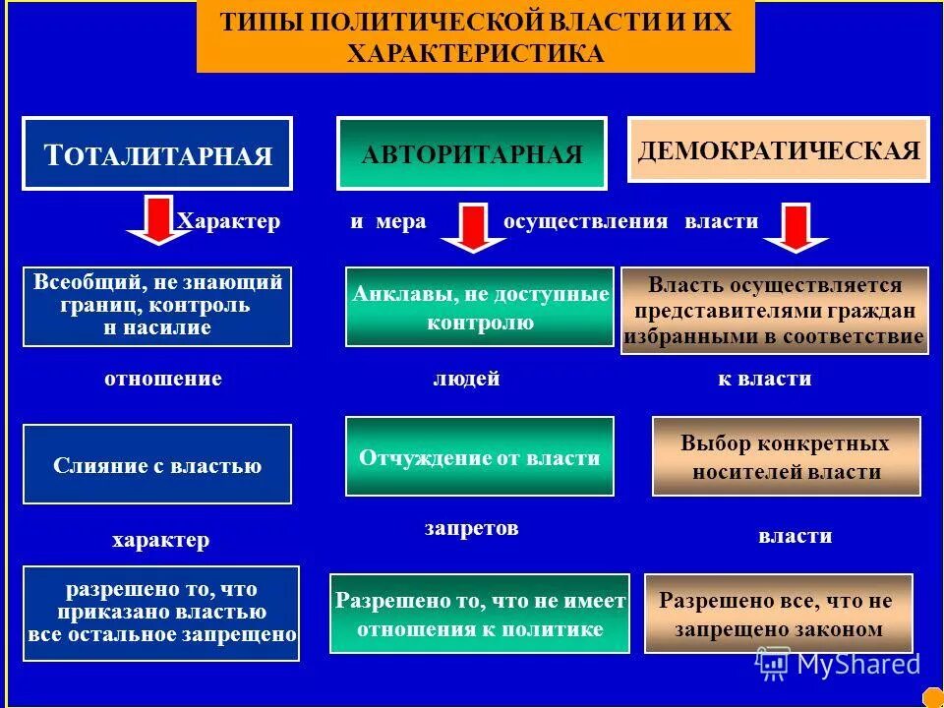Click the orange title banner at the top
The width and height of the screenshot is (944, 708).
476,36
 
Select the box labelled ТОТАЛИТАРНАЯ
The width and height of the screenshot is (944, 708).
157,153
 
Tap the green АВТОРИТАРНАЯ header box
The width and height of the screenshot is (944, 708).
472,153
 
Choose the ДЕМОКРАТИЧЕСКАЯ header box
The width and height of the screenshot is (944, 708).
778,149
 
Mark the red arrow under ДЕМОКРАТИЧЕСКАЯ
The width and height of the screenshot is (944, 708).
796,228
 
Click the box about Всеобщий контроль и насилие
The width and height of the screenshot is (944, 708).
157,306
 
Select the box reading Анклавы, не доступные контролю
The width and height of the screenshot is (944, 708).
480,307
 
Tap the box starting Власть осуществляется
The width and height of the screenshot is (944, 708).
775,311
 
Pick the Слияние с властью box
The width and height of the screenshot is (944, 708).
157,464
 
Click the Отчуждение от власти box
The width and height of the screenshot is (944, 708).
480,456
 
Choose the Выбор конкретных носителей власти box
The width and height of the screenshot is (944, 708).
787,456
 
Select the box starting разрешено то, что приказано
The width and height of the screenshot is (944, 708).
161,613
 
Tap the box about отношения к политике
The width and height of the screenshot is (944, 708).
480,614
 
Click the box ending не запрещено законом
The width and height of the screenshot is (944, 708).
778,614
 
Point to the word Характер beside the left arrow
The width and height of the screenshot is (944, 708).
229,221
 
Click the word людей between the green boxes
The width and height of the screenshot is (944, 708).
466,379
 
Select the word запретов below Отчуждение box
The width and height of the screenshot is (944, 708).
471,528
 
